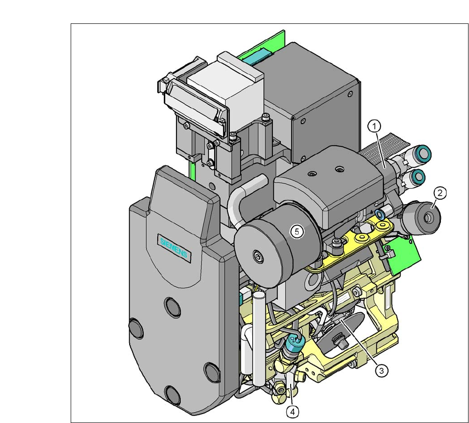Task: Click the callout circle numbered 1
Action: pyautogui.click(x=374, y=126)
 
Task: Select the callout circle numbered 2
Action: pyautogui.click(x=440, y=193)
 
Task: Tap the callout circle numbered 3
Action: pyautogui.click(x=381, y=371)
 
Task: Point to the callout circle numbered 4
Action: pyautogui.click(x=293, y=412)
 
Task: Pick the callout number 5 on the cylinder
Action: pyautogui.click(x=297, y=231)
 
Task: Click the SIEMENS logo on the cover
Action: pyautogui.click(x=174, y=248)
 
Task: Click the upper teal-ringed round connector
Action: pyautogui.click(x=423, y=153)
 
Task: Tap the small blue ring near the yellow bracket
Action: pyautogui.click(x=380, y=214)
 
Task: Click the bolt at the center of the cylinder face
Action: pyautogui.click(x=257, y=256)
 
